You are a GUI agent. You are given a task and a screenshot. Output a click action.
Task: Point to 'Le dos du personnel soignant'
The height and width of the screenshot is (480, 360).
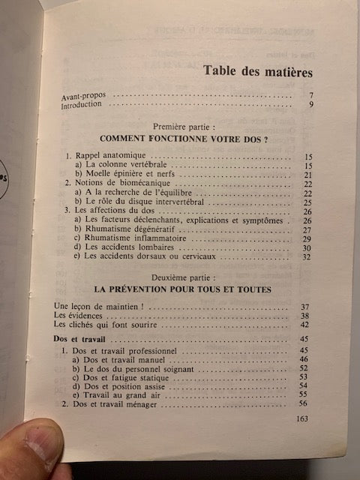(x=128, y=367)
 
